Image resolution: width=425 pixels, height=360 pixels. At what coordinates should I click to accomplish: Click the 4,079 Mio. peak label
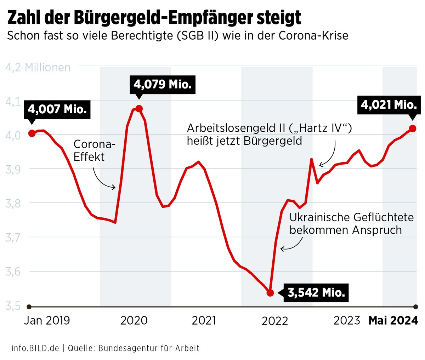click(163, 85)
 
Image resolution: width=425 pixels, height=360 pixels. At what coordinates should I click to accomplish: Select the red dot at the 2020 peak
click(139, 108)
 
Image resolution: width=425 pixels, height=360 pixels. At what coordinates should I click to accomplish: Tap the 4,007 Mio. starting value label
click(57, 109)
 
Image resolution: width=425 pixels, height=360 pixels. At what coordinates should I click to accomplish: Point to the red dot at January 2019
click(32, 133)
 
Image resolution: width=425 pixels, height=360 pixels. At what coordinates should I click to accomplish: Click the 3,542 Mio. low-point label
click(316, 293)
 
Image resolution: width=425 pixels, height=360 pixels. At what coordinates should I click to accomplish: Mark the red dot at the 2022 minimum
click(270, 293)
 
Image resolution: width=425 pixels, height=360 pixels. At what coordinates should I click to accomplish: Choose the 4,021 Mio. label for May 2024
click(389, 105)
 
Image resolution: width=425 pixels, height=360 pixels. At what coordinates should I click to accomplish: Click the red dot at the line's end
click(413, 128)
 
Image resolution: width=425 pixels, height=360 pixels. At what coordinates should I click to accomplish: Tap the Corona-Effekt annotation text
click(94, 150)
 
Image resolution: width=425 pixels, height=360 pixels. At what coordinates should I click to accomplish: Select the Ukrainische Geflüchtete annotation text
click(351, 223)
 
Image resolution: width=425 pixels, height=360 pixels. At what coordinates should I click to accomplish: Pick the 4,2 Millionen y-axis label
click(38, 67)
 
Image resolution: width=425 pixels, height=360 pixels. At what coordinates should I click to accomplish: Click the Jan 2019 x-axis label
click(47, 320)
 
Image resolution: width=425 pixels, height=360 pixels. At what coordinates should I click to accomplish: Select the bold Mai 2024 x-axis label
click(393, 320)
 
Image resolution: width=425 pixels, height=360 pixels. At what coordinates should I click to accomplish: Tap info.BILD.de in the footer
click(35, 348)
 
